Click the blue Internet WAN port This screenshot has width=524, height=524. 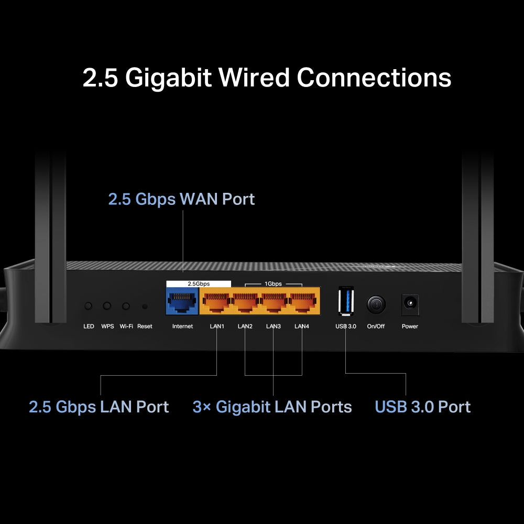click(182, 302)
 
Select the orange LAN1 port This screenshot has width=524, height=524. click(216, 302)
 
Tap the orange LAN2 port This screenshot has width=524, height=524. click(245, 302)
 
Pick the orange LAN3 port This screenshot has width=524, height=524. click(273, 302)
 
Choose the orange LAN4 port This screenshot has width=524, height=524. click(301, 302)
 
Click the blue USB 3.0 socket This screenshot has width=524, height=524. click(346, 301)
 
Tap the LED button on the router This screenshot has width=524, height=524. click(89, 305)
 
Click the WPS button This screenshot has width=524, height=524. click(107, 305)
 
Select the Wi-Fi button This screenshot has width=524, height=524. click(126, 305)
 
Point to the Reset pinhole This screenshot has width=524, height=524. click(145, 306)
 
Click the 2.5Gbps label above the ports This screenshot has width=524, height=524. click(199, 283)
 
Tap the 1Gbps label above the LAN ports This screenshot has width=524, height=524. click(273, 283)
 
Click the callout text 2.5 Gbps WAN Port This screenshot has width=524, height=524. click(181, 199)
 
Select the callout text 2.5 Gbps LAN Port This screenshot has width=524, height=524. click(99, 407)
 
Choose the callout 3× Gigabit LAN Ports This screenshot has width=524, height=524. click(272, 407)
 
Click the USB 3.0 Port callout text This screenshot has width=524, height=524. click(423, 407)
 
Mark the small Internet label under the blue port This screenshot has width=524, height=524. click(182, 326)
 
